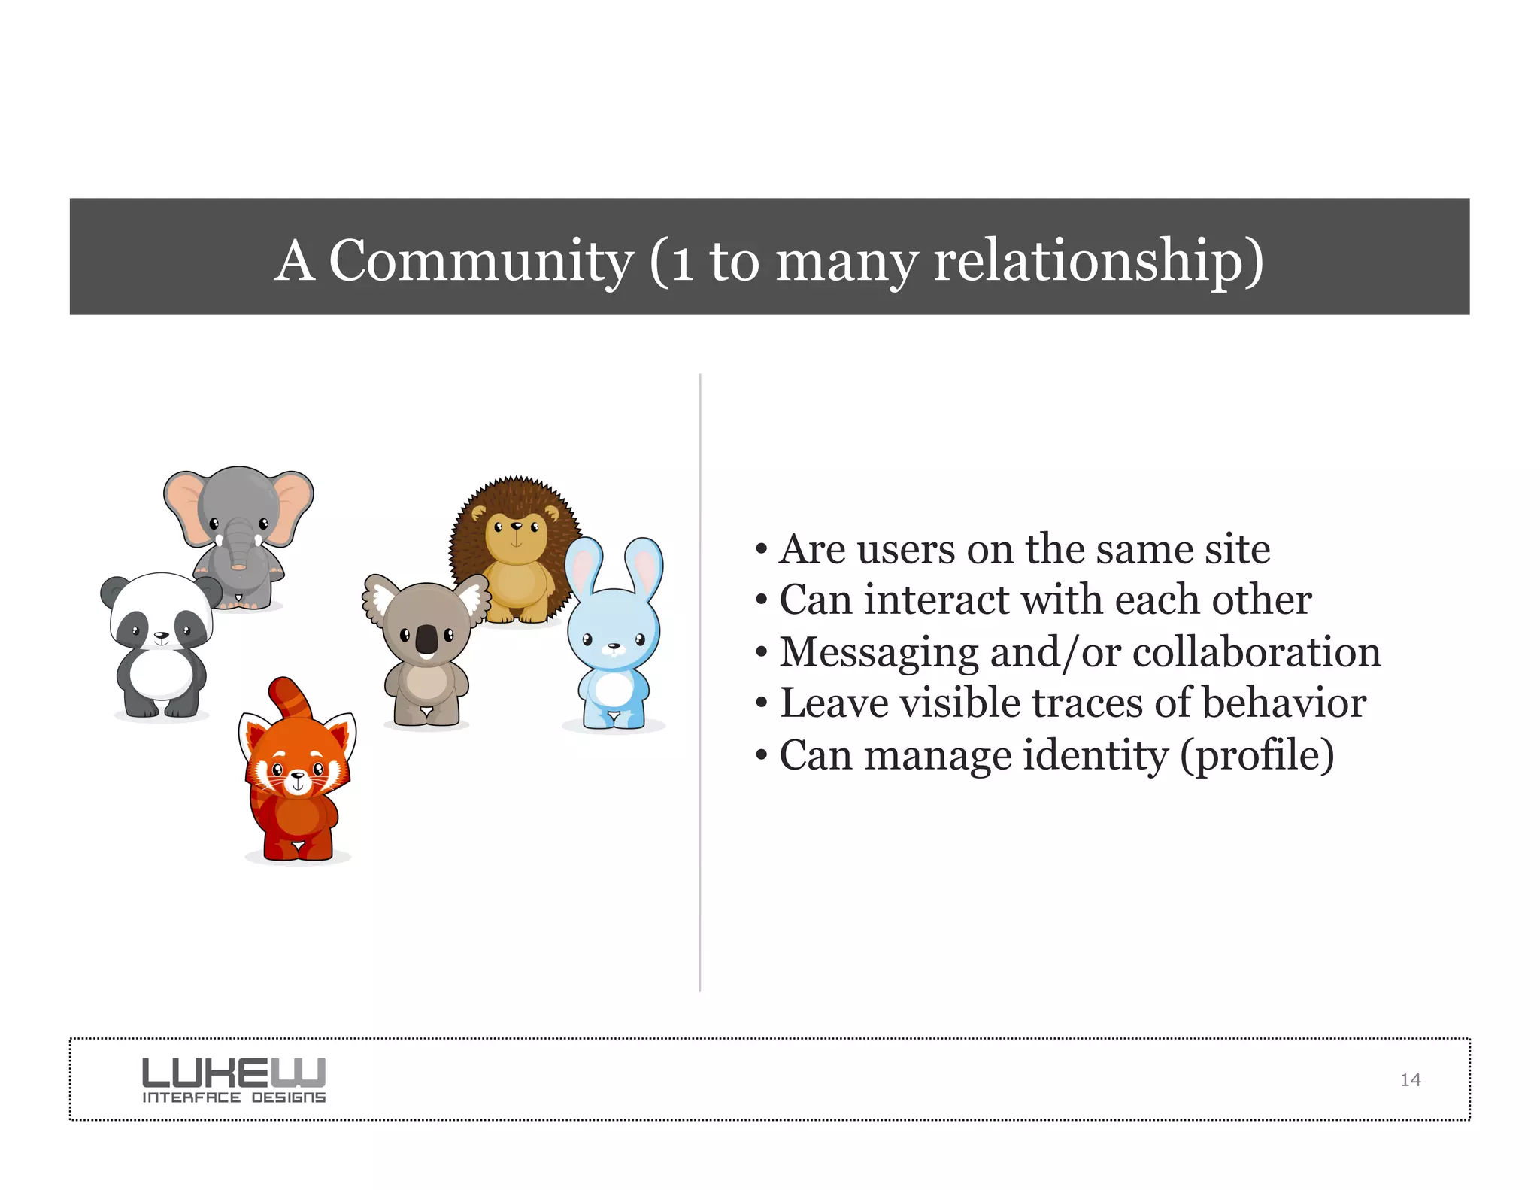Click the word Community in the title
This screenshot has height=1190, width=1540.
point(481,260)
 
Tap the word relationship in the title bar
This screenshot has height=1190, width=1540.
point(1098,260)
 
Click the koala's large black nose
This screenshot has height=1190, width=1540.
point(426,640)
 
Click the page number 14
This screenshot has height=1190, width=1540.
point(1410,1080)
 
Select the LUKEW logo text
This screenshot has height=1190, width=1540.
point(234,1072)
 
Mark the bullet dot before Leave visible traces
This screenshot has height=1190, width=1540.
point(762,704)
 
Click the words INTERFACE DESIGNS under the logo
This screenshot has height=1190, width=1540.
point(234,1098)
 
